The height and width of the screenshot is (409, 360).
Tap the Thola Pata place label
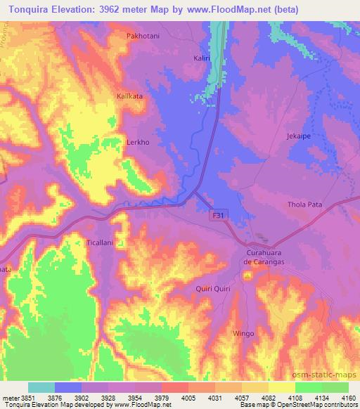(x=304, y=204)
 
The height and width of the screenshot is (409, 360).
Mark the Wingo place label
(x=243, y=333)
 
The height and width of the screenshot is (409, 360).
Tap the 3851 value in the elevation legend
(x=27, y=397)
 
